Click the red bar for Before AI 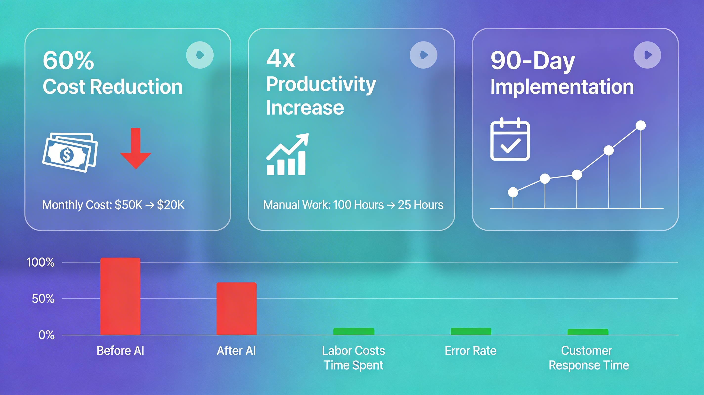tap(120, 296)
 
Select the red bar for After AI tap(236, 308)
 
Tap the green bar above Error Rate tap(471, 331)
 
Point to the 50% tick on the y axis tap(43, 299)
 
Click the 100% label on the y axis tap(41, 263)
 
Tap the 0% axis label tap(46, 335)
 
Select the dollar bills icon tap(70, 152)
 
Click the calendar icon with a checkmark tap(510, 139)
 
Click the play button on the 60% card tap(200, 55)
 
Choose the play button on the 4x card tap(423, 55)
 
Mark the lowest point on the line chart tap(513, 192)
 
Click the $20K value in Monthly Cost tap(171, 205)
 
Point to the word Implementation tap(562, 87)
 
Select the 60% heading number tap(68, 60)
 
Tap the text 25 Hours tap(420, 205)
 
